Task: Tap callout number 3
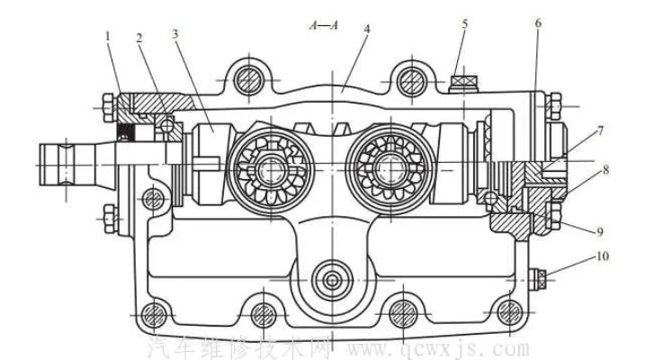(176, 33)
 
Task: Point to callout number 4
(367, 29)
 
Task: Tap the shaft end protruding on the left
(67, 165)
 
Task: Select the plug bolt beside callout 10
(541, 277)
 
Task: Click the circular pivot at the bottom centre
(334, 280)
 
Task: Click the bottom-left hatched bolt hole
(152, 314)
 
